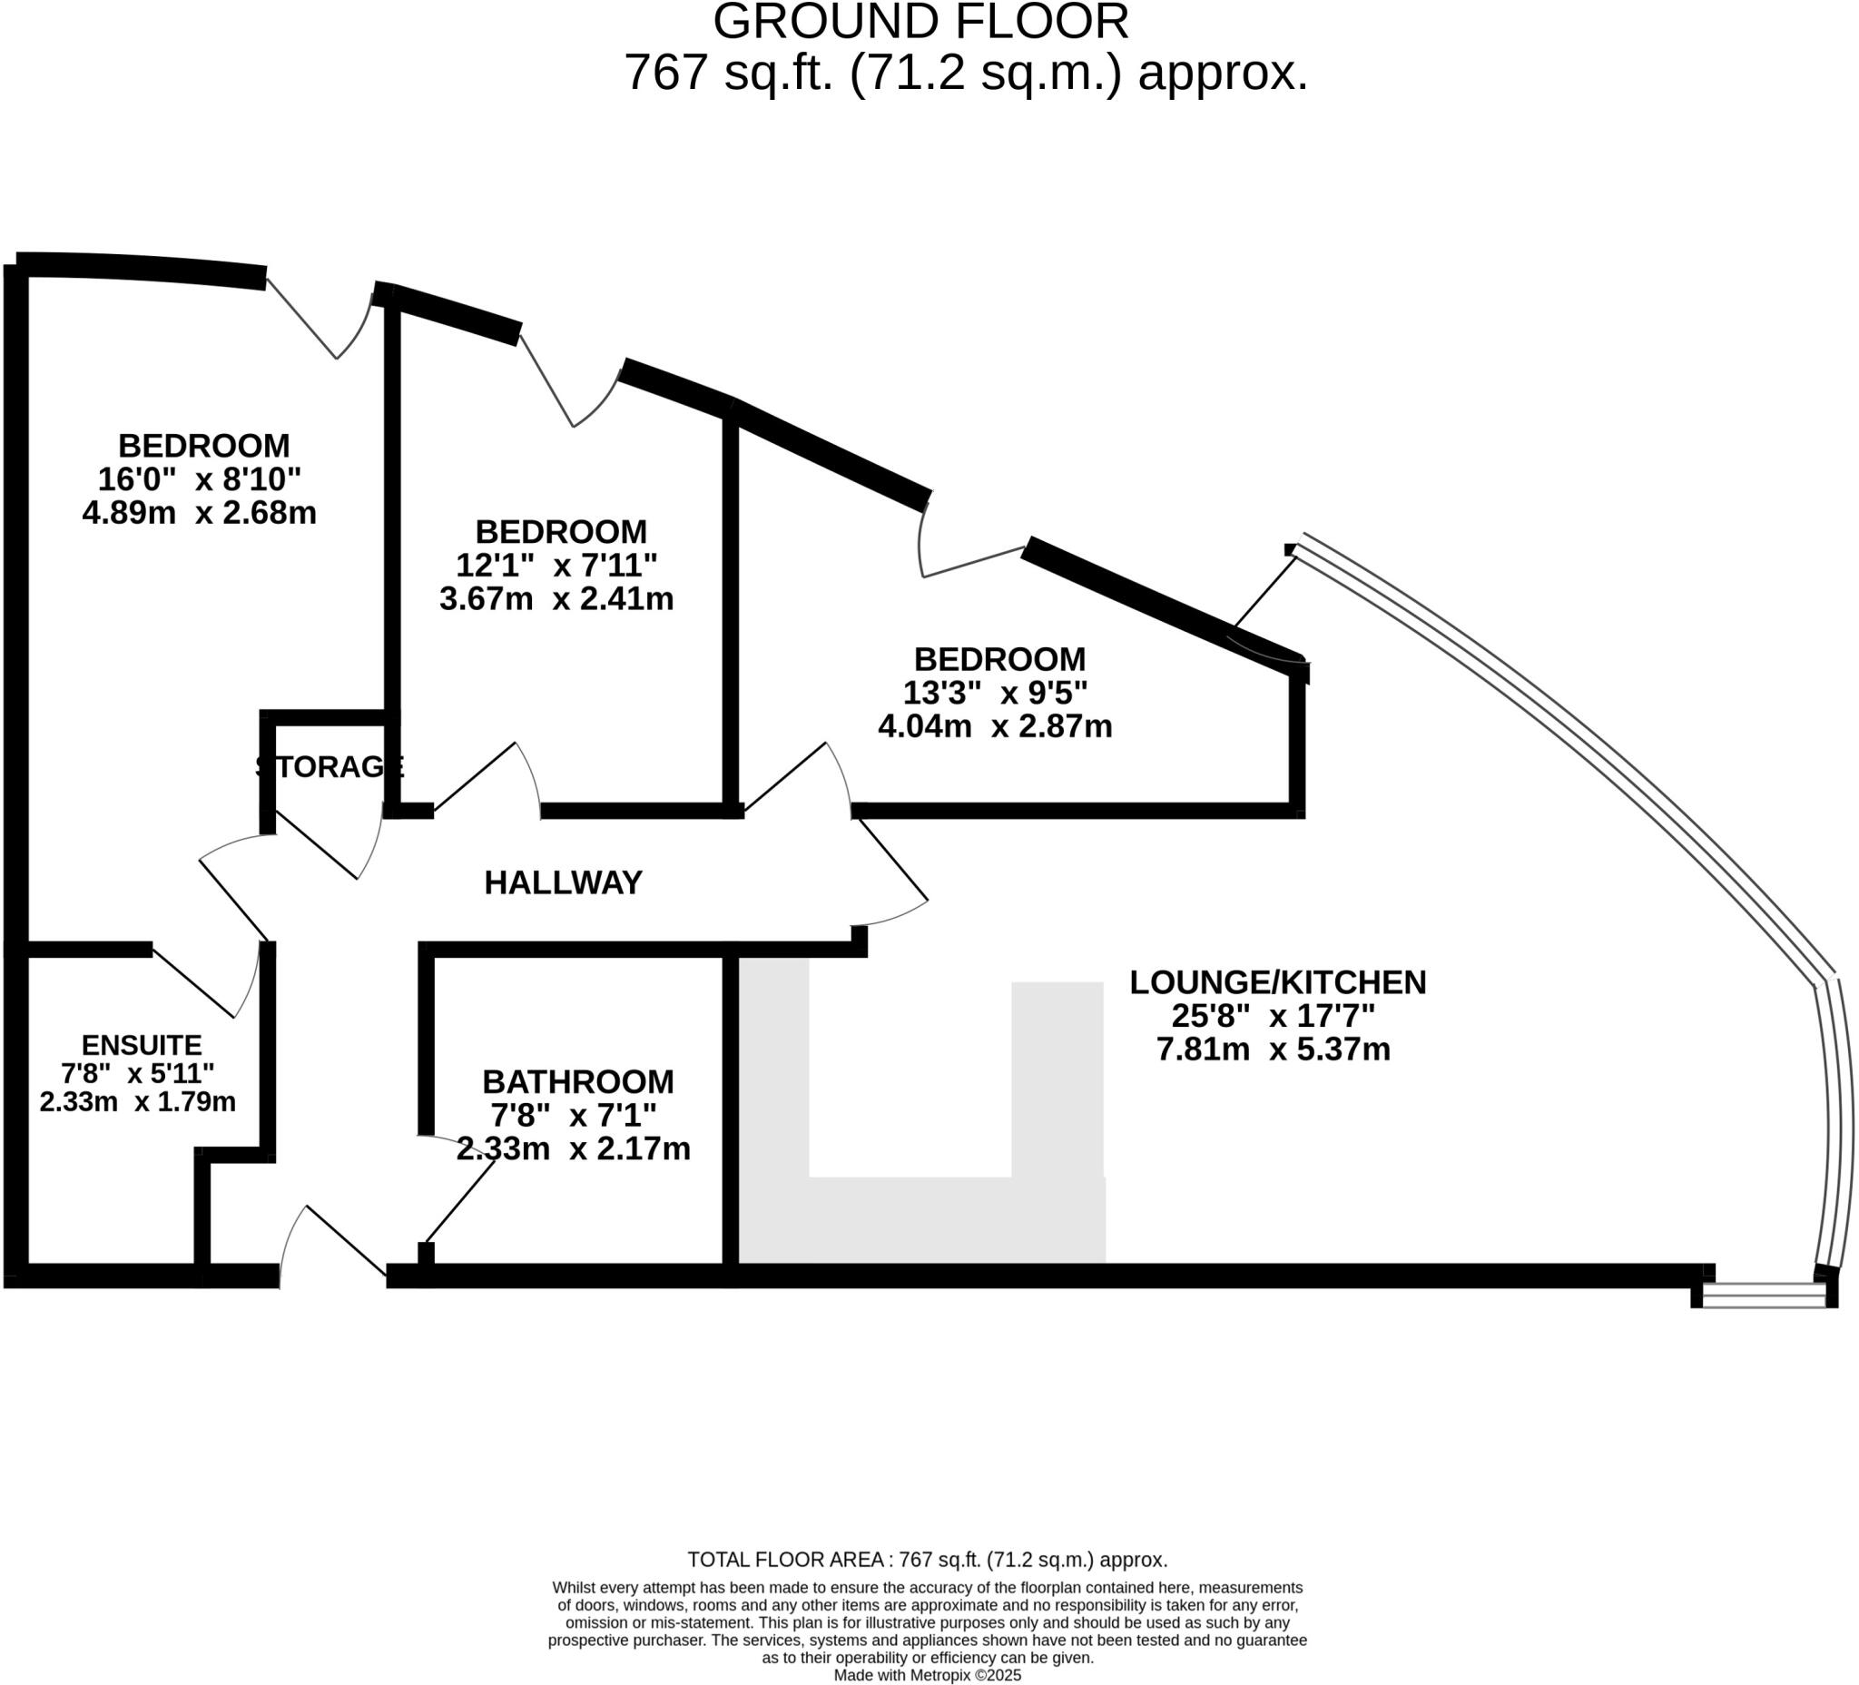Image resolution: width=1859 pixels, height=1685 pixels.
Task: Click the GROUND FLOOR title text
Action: (920, 22)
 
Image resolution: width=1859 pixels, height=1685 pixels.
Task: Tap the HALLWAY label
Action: (563, 882)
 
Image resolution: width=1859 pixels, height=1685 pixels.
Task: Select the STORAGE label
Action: (330, 766)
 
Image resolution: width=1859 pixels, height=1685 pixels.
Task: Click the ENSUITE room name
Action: (141, 1045)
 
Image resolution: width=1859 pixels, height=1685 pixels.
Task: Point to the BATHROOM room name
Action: (577, 1081)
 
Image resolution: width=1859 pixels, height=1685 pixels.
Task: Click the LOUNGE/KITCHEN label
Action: (1277, 982)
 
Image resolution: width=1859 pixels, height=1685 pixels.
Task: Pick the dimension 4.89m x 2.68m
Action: (199, 513)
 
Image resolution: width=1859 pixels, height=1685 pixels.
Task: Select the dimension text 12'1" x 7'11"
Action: (556, 565)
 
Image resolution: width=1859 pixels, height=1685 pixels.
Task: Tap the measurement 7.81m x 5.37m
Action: (1274, 1049)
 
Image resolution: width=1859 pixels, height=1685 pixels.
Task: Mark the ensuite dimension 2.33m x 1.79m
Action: (138, 1101)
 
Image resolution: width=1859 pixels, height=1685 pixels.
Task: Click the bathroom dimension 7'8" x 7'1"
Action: (573, 1116)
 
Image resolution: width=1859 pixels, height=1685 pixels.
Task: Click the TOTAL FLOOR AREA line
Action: (927, 1560)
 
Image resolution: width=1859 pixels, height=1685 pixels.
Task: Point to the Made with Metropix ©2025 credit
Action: (927, 1675)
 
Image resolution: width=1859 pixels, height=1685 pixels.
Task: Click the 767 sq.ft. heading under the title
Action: (966, 73)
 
